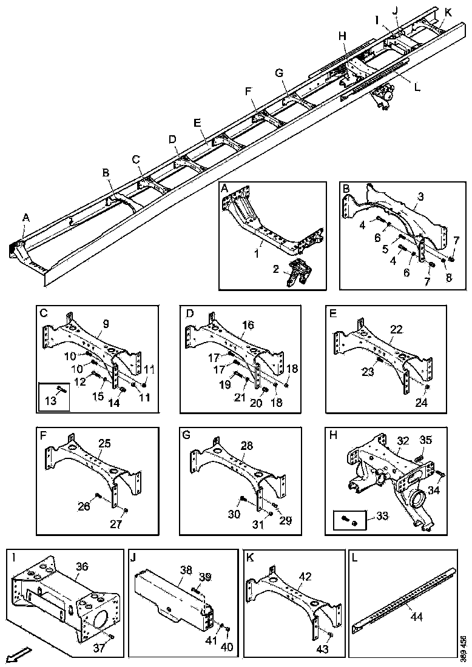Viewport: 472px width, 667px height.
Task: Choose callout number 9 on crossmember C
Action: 106,324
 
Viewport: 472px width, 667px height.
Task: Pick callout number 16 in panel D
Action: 248,324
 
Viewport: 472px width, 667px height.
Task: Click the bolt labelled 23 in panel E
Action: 379,362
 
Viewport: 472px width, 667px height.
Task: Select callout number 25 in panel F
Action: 104,444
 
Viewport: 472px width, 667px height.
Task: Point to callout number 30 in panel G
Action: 233,515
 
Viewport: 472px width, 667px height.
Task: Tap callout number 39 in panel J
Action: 206,576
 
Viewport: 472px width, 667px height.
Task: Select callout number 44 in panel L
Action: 417,617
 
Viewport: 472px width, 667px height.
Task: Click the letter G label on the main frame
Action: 279,73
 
